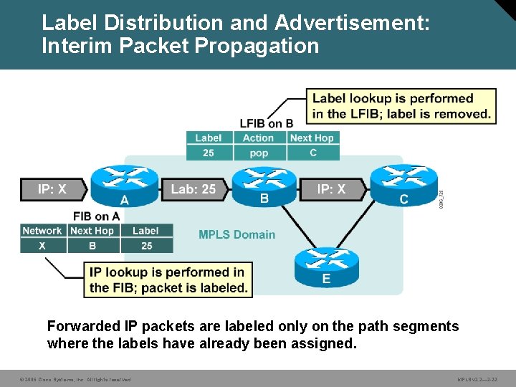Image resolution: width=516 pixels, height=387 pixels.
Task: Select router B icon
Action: point(259,183)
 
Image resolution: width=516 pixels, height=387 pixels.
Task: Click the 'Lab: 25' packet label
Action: point(193,189)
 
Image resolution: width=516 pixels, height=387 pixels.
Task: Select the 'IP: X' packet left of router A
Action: point(52,189)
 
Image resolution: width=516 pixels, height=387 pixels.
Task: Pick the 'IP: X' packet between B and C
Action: point(331,189)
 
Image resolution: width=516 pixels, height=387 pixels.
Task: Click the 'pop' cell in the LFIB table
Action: point(259,153)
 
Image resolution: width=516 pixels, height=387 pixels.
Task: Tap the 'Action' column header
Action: point(259,138)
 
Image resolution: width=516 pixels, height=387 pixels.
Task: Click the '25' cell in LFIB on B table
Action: point(209,153)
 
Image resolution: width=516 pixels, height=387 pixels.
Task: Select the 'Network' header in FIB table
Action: point(42,231)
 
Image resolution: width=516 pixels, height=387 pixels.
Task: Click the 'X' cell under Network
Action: point(42,245)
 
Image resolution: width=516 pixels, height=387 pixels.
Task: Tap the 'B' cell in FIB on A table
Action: point(92,245)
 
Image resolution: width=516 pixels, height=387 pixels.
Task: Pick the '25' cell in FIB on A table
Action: point(146,245)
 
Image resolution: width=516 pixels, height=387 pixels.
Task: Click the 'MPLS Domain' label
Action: point(236,234)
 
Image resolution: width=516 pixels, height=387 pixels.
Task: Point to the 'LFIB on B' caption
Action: point(267,123)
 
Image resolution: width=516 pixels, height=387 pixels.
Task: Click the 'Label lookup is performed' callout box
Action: point(401,106)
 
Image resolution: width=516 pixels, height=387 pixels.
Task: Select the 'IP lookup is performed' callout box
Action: point(168,280)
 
